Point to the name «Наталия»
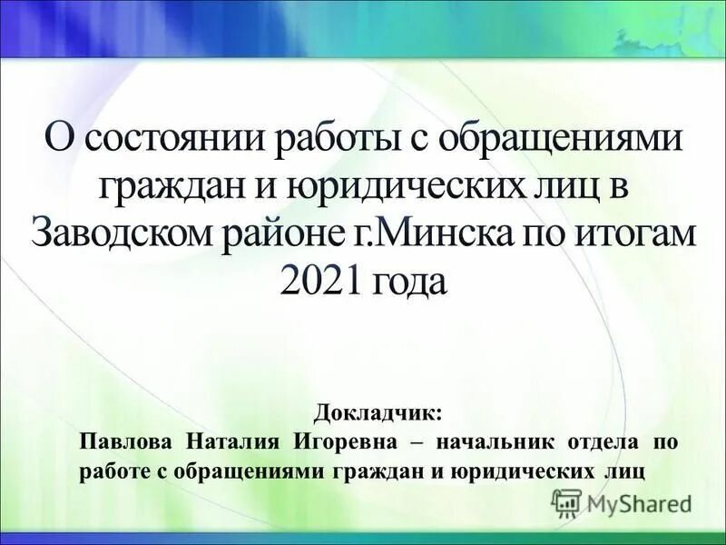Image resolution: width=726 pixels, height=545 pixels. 233,441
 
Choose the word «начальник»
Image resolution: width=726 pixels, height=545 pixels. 496,441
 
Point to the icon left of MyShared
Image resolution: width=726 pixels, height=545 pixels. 566,502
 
